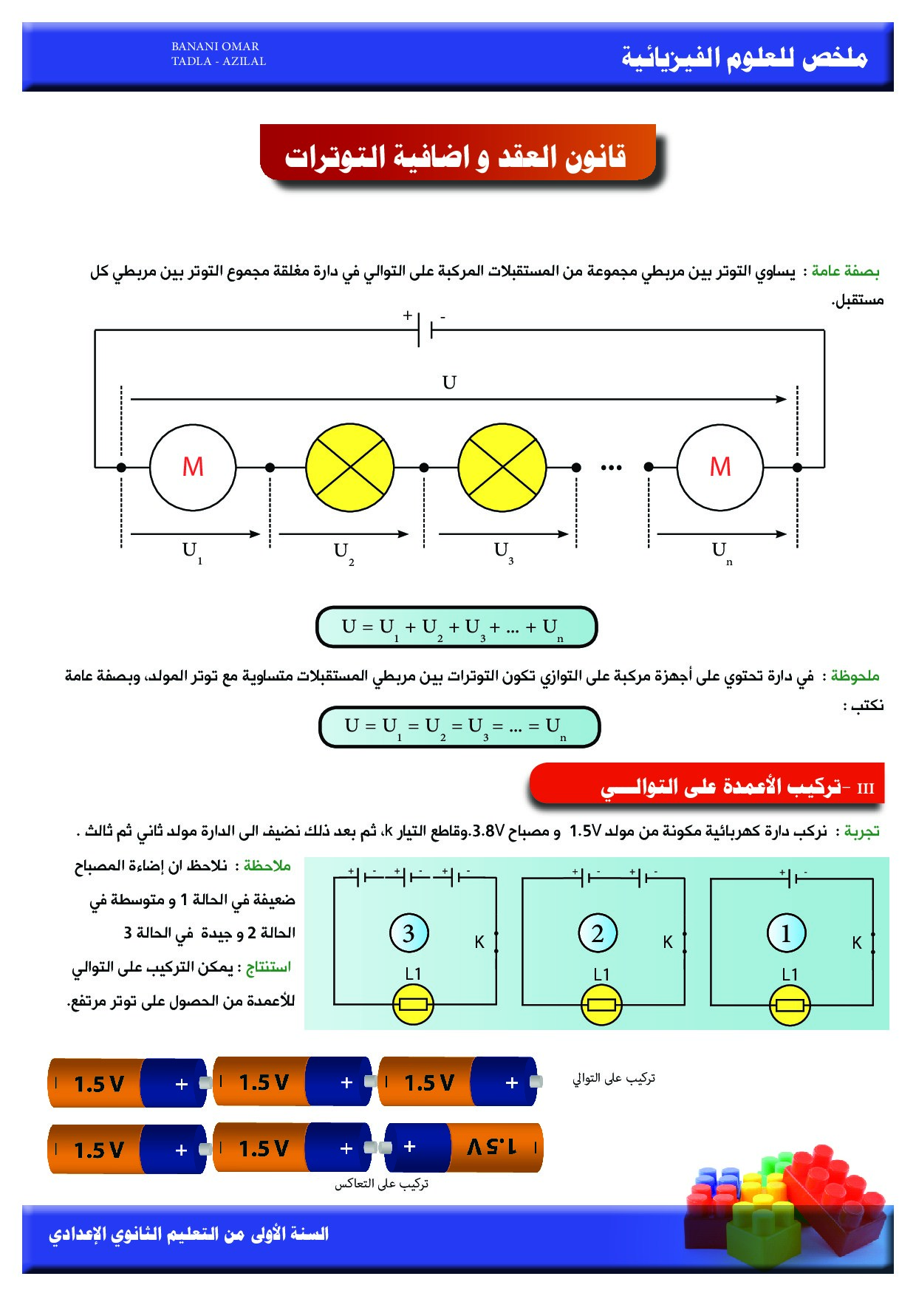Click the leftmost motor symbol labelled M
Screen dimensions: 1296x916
(x=193, y=467)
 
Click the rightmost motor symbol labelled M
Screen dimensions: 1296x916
(x=720, y=467)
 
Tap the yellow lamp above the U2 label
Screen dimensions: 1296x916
(x=349, y=467)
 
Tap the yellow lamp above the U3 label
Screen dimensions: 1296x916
(x=502, y=467)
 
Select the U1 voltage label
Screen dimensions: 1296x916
(x=191, y=551)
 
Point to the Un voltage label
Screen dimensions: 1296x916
(x=721, y=551)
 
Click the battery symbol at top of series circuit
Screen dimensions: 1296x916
(x=425, y=330)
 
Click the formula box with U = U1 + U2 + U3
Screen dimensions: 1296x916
(x=456, y=627)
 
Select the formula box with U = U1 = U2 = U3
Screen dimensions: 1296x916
(x=459, y=726)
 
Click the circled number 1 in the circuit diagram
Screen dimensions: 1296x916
(x=786, y=933)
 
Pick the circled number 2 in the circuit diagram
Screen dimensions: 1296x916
(x=598, y=933)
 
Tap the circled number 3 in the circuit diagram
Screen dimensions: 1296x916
(x=409, y=933)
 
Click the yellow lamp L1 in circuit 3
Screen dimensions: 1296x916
(x=413, y=1004)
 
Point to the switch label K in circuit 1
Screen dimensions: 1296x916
(x=857, y=943)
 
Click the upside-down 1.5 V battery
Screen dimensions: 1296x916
(x=464, y=1147)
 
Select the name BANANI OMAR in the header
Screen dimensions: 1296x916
(x=215, y=47)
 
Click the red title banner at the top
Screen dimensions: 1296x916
(x=458, y=154)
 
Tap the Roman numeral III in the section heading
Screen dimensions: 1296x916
(x=866, y=788)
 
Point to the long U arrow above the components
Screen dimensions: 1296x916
(x=458, y=399)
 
